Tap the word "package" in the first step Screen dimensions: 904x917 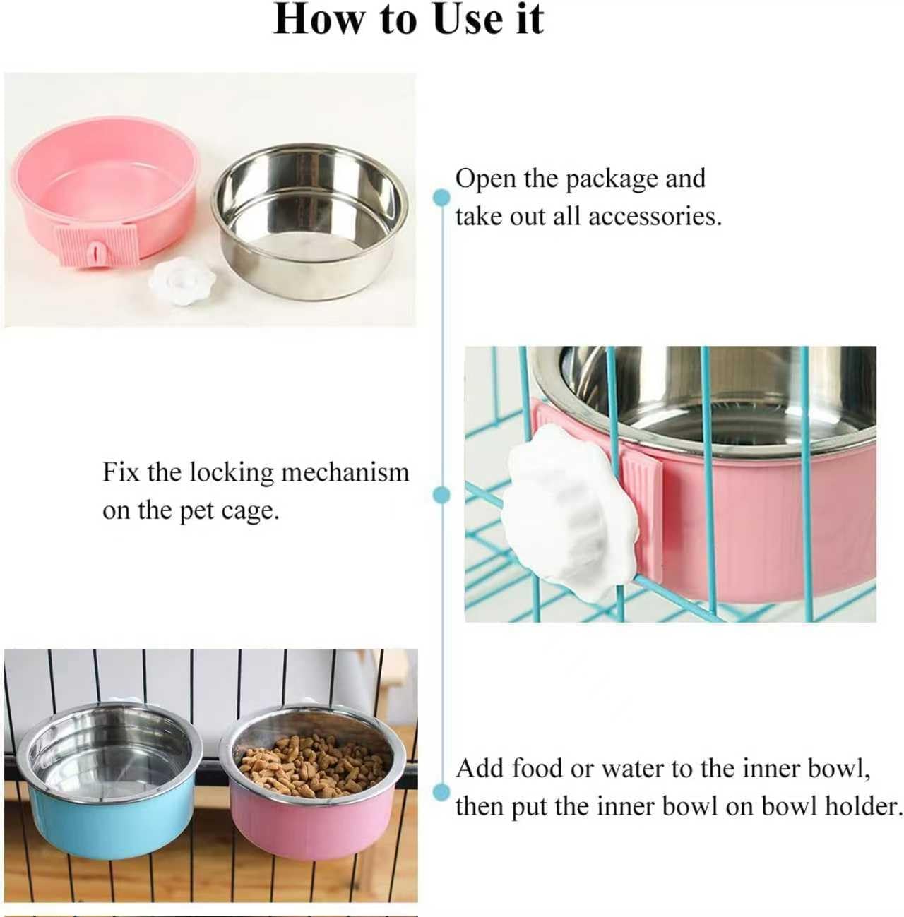[x=612, y=180]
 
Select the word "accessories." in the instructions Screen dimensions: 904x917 [x=655, y=217]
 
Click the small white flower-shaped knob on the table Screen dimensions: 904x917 [x=182, y=274]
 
